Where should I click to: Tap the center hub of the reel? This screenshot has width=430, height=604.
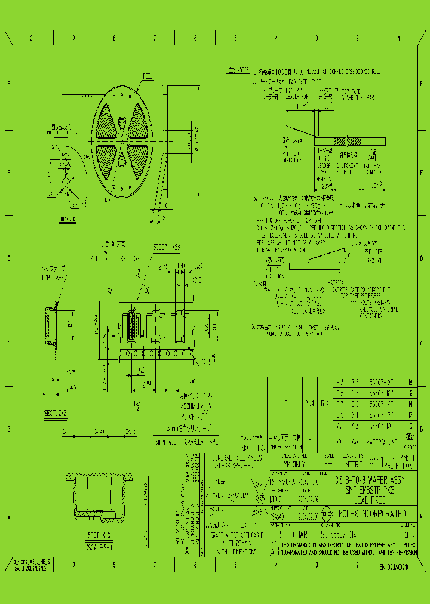tap(123, 142)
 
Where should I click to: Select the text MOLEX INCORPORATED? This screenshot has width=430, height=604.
tap(373, 513)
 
